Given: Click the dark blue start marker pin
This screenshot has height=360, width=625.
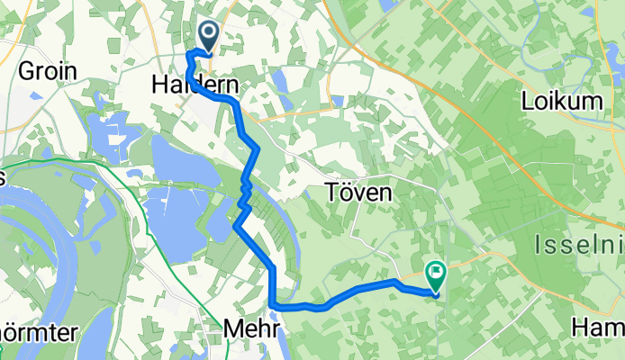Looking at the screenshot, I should coord(208,36).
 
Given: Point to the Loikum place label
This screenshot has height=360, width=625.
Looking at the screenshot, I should coord(561,101).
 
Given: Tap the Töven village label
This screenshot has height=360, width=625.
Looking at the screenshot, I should coord(359,193).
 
